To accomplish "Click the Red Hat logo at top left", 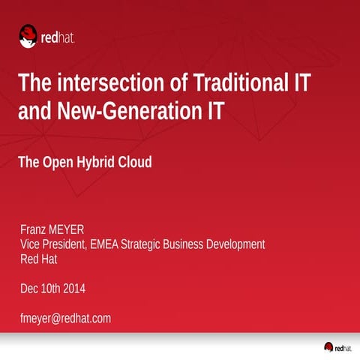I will click(x=46, y=35).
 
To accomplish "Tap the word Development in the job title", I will click(x=233, y=244).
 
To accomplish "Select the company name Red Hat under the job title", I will click(x=38, y=259).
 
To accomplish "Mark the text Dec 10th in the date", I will click(x=40, y=289).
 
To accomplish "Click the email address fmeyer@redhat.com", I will click(x=65, y=318).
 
